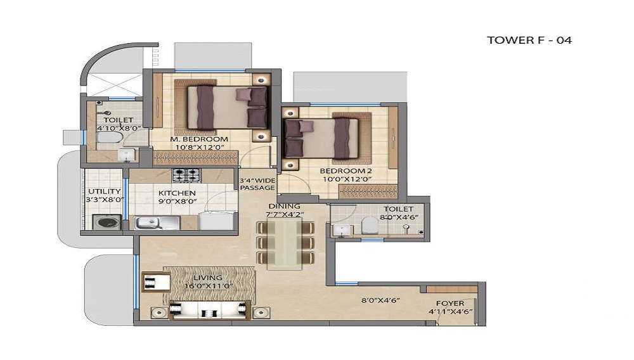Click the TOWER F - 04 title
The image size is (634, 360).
click(x=529, y=40)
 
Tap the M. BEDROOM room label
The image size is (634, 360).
click(x=199, y=139)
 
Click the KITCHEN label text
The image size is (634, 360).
click(x=177, y=193)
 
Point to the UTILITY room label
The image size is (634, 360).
click(x=105, y=191)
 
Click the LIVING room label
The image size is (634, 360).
click(x=208, y=278)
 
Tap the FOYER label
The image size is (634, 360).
click(x=450, y=303)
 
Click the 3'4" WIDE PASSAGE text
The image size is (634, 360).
click(x=257, y=184)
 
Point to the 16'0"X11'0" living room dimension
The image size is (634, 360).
click(x=209, y=286)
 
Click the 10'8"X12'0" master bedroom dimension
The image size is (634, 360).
click(x=200, y=148)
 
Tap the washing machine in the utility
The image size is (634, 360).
click(x=107, y=222)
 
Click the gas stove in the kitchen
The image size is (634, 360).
click(x=186, y=175)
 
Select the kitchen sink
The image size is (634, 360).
click(x=157, y=222)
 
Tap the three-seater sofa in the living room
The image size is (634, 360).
click(x=208, y=310)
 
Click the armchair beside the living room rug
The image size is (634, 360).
click(x=157, y=281)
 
